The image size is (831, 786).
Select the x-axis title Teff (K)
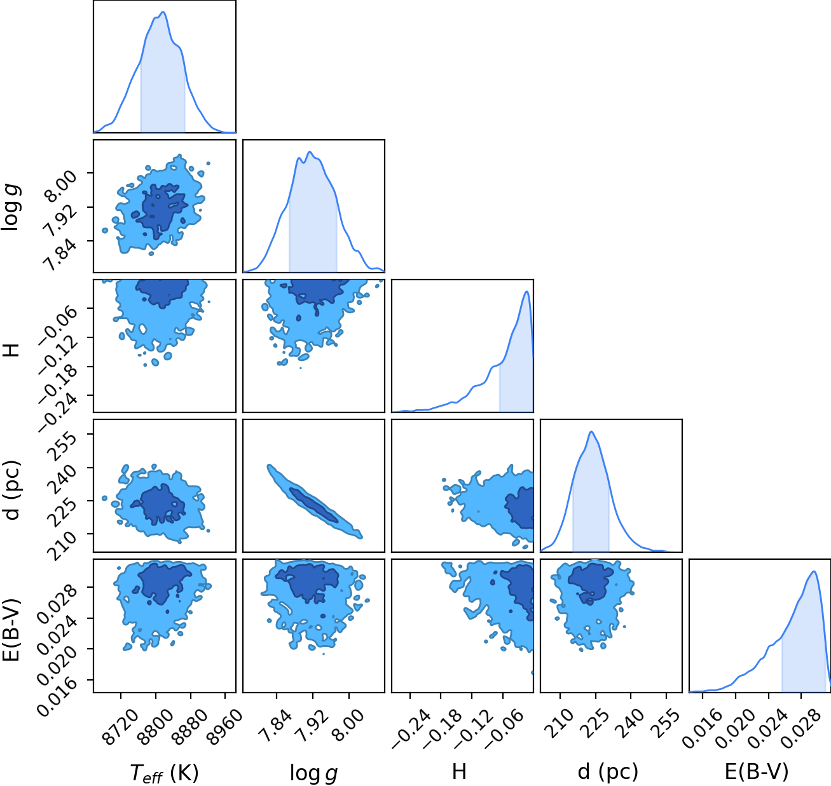[x=164, y=773]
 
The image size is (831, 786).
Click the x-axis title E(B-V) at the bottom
[x=757, y=771]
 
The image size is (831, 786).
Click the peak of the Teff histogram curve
[x=163, y=12]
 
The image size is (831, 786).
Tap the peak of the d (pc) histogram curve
[x=591, y=431]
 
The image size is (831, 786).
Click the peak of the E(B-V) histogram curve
[x=813, y=571]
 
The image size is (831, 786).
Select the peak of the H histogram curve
[x=526, y=291]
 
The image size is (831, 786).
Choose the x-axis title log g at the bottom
[x=313, y=773]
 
